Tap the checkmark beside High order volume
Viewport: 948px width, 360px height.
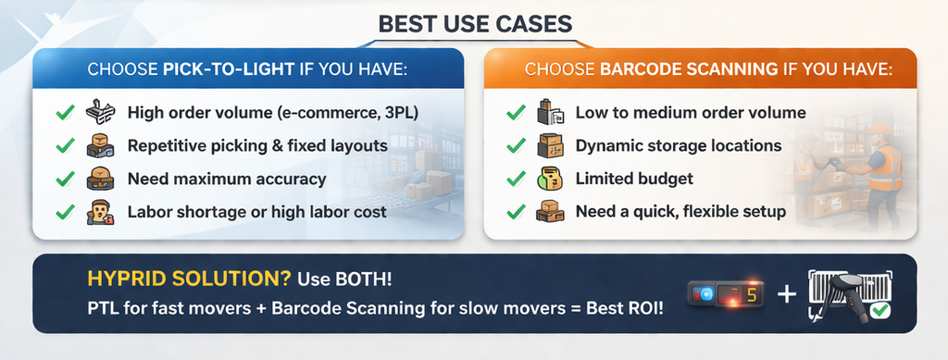(65, 113)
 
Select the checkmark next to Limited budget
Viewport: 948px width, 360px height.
(516, 179)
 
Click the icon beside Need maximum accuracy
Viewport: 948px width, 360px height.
(98, 179)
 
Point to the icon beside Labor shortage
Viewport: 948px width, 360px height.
(98, 212)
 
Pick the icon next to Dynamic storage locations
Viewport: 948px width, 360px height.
(550, 146)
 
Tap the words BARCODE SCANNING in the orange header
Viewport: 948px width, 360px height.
(675, 69)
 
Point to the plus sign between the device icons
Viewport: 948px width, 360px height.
(786, 294)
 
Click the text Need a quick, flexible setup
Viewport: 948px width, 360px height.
(680, 212)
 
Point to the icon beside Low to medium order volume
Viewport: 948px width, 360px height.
(550, 114)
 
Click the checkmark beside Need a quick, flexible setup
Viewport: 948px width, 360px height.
(516, 212)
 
